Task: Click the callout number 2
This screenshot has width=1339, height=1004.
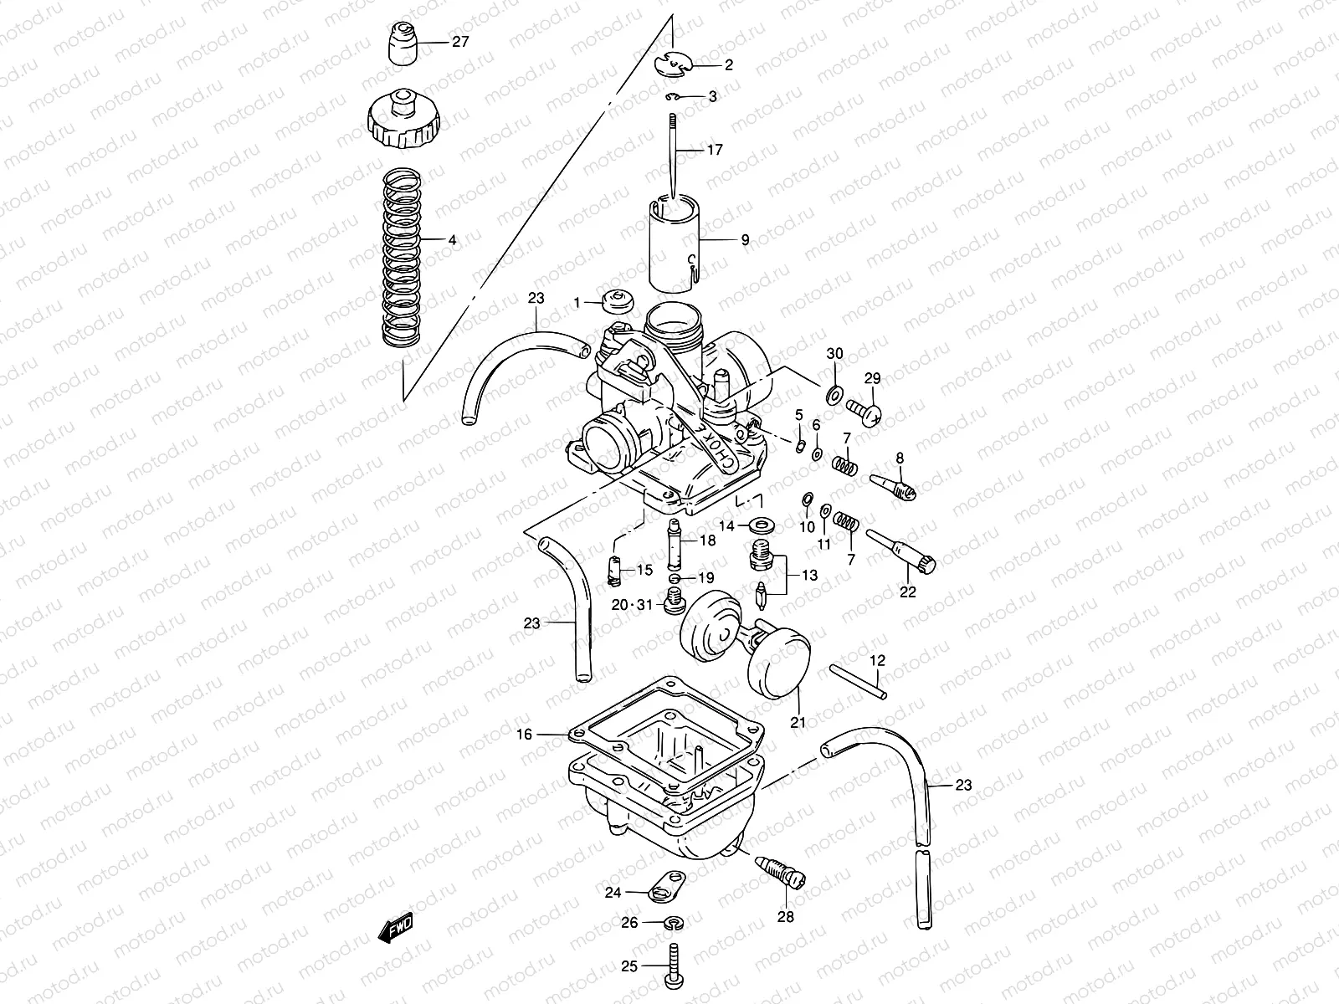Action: [728, 64]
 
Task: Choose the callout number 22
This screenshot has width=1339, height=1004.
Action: [908, 592]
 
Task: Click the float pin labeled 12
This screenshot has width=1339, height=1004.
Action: [857, 681]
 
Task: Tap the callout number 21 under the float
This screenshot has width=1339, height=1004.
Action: [798, 721]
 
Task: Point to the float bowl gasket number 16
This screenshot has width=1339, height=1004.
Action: [523, 735]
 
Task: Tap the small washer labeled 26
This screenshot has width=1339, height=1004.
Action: [674, 923]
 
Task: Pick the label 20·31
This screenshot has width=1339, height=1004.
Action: [630, 604]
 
